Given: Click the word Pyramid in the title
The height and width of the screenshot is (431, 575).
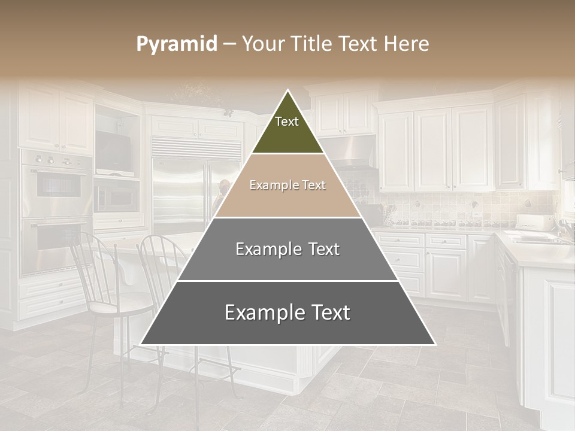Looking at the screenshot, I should tap(177, 44).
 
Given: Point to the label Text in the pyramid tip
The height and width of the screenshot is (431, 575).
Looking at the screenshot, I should tap(287, 122).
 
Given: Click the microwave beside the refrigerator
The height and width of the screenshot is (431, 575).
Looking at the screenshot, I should tap(116, 195).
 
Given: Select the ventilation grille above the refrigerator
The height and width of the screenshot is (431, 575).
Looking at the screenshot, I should tap(196, 147).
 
